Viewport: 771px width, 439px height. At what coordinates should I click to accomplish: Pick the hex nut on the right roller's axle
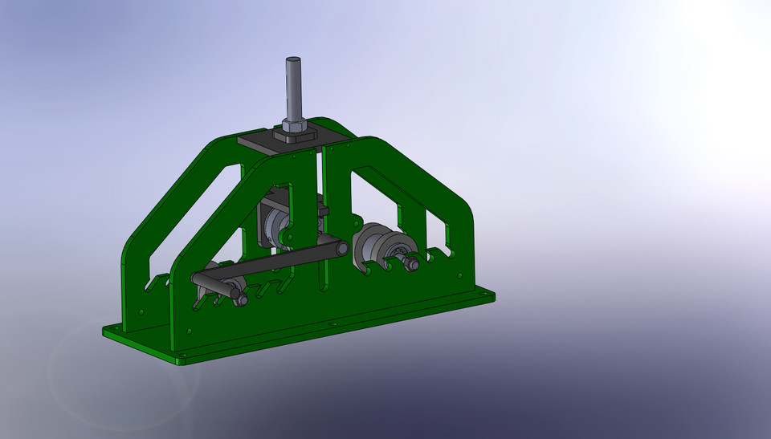[411, 263]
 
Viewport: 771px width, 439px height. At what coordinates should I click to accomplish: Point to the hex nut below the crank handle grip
[241, 299]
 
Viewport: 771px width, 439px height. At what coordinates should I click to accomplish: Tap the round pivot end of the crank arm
[341, 249]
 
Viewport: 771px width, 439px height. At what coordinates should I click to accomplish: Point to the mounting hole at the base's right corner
[483, 295]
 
